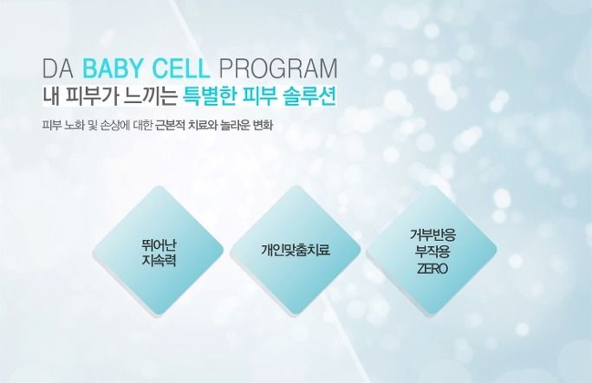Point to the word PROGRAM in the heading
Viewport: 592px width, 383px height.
pyautogui.click(x=278, y=68)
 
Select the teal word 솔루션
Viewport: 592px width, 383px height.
pyautogui.click(x=309, y=97)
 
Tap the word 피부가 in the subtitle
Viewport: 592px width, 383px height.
pyautogui.click(x=92, y=97)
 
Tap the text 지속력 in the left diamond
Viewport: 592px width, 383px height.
pyautogui.click(x=159, y=260)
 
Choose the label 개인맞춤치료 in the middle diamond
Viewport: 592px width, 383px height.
pyautogui.click(x=296, y=250)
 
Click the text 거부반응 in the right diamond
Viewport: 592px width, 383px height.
pyautogui.click(x=433, y=235)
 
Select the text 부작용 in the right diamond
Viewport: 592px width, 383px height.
pyautogui.click(x=433, y=251)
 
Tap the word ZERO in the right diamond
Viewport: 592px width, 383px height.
pyautogui.click(x=433, y=269)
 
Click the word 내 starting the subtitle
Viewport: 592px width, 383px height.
pyautogui.click(x=50, y=97)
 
